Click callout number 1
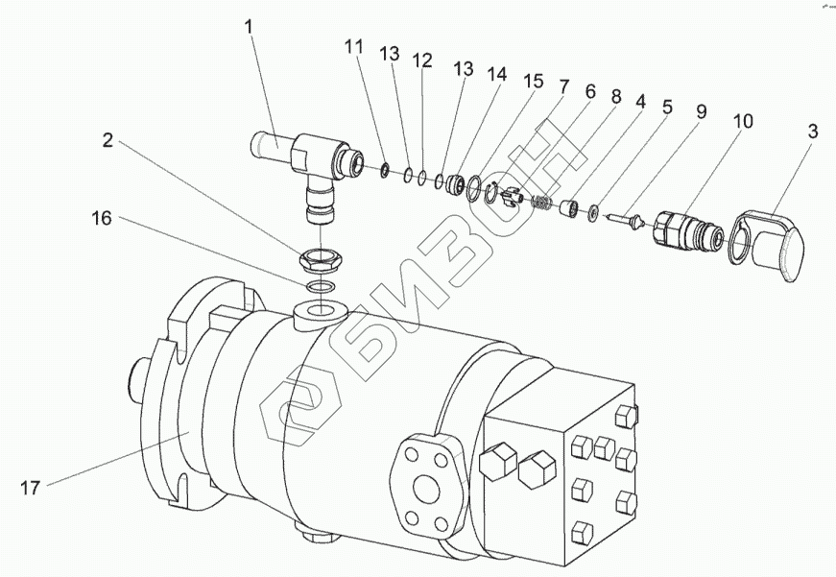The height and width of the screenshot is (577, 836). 250,27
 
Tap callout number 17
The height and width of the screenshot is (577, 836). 31,488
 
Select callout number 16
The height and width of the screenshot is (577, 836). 102,218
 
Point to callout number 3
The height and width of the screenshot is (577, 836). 812,132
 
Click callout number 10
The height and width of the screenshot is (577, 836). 743,122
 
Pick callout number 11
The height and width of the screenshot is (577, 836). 353,47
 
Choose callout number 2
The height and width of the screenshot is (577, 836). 107,140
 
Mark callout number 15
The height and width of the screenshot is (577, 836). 533,81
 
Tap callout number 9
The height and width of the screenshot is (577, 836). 701,111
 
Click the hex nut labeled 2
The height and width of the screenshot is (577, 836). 320,261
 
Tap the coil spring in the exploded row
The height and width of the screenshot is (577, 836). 542,203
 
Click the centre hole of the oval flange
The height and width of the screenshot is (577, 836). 425,486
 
